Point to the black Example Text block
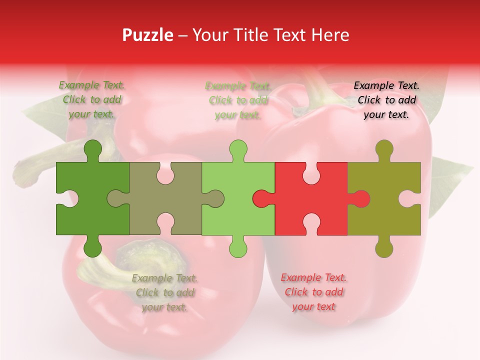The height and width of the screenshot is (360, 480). point(386,100)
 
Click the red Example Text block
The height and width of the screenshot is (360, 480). point(313,292)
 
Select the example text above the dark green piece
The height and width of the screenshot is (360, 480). point(92,100)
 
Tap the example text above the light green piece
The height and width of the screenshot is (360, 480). point(238,100)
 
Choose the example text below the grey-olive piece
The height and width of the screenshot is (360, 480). point(165,292)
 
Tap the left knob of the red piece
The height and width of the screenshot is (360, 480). point(261,198)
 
